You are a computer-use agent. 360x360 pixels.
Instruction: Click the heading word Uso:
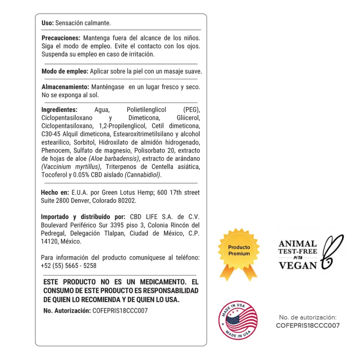(x=48, y=23)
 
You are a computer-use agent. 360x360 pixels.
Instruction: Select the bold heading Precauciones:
(x=60, y=38)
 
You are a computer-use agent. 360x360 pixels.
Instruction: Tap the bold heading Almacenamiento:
(x=65, y=87)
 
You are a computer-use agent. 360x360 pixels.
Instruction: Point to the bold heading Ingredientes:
(x=59, y=110)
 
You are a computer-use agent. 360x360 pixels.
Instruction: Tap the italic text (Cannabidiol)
(x=143, y=175)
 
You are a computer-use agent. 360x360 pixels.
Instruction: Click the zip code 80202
(x=128, y=201)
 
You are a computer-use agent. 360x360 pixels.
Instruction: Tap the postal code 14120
(x=49, y=242)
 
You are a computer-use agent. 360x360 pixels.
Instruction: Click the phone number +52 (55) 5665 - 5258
(x=68, y=266)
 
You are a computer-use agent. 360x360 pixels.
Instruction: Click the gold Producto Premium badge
(x=239, y=251)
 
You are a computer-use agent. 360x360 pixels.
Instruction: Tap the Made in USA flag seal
(x=238, y=320)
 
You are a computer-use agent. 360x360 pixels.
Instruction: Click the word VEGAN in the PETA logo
(x=298, y=265)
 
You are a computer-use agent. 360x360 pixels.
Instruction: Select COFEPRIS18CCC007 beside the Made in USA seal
(x=307, y=325)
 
